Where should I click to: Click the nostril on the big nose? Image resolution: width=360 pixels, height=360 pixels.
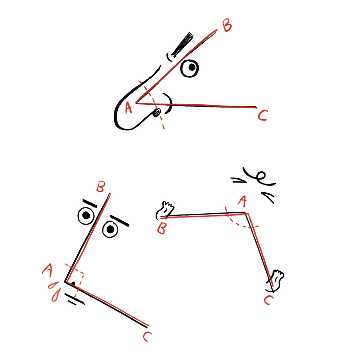157,112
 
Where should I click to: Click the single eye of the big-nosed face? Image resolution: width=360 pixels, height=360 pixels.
190,68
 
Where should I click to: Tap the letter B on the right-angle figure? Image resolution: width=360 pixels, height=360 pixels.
100,187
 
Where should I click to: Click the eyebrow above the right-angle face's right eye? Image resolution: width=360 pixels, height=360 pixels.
120,221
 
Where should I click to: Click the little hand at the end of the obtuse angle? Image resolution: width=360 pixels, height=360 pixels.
165,210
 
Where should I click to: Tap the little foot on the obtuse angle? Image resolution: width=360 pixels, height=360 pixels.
276,279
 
